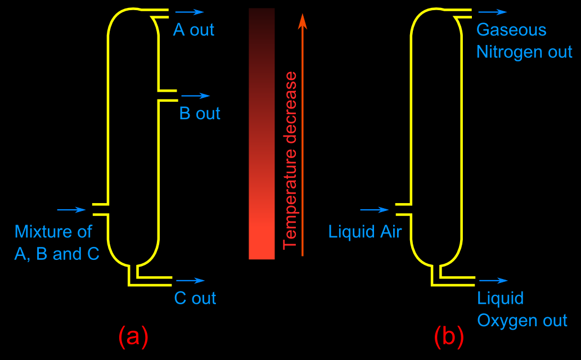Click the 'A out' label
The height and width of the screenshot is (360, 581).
[193, 30]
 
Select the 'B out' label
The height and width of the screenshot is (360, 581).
[200, 114]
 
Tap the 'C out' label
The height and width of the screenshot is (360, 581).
[195, 298]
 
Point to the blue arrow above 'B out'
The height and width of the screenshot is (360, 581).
[196, 96]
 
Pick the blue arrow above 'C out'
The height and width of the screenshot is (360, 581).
[191, 280]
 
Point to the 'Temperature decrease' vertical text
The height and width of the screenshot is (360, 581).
[290, 160]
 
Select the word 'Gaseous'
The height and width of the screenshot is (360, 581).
[511, 30]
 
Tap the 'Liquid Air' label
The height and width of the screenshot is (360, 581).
[365, 231]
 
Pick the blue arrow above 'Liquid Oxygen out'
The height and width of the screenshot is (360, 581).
[494, 280]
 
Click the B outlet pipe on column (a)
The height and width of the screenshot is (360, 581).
[168, 96]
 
